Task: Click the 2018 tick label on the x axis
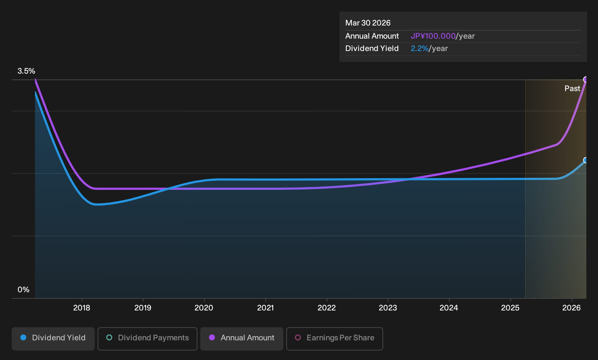(x=82, y=308)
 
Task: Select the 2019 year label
(x=143, y=308)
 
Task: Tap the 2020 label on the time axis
(x=204, y=308)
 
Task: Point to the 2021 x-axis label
(x=265, y=308)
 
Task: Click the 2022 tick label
(x=327, y=308)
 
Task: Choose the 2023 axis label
(x=388, y=308)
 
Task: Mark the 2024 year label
(x=449, y=308)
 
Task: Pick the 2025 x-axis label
(x=511, y=308)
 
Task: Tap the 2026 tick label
(x=571, y=308)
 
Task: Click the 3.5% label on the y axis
(x=26, y=71)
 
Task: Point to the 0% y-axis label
(x=24, y=290)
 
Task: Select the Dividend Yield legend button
(x=53, y=339)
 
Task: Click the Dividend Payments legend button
(x=147, y=339)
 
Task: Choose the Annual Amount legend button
(x=241, y=339)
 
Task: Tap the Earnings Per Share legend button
(x=334, y=339)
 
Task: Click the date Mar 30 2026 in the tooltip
(x=368, y=23)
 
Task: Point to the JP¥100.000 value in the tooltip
(x=433, y=36)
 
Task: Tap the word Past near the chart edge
(x=573, y=89)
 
